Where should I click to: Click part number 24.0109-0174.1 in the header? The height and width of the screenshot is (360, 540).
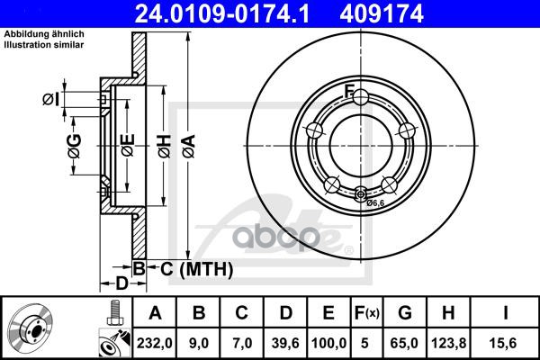tap(222, 13)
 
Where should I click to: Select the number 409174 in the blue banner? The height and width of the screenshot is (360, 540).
tap(382, 13)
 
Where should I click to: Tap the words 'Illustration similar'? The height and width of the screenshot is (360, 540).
tap(44, 45)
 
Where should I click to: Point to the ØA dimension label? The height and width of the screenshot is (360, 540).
tap(189, 146)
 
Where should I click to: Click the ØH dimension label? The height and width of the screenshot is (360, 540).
tap(165, 146)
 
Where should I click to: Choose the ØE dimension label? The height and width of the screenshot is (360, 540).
tap(128, 146)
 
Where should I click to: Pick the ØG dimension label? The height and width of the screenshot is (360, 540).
tap(75, 146)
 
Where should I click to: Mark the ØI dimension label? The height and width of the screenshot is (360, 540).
tap(50, 99)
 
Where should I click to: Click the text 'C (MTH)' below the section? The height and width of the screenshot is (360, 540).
tap(196, 269)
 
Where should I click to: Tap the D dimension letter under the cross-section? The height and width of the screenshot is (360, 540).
tap(121, 283)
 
